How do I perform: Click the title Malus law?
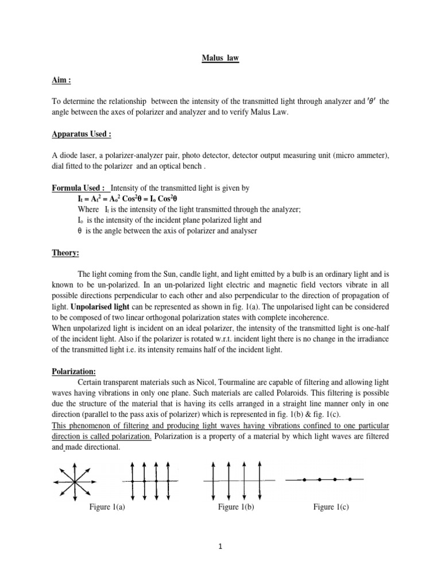(x=220, y=58)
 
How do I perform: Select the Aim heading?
(x=60, y=81)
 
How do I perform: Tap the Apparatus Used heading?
(x=80, y=133)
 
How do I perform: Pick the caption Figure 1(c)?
(x=331, y=506)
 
